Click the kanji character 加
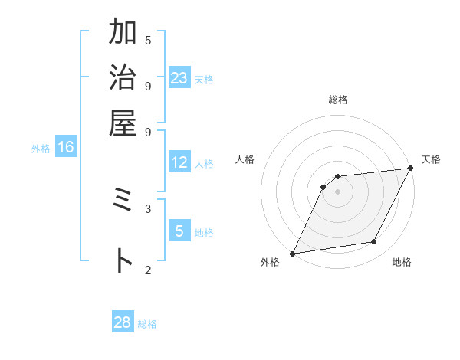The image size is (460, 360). click(x=123, y=33)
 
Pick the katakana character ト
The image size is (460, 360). click(x=123, y=260)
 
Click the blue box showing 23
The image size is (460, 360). click(x=179, y=78)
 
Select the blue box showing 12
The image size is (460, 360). click(x=179, y=163)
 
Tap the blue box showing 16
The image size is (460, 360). click(x=66, y=148)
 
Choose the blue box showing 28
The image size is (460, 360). click(x=123, y=323)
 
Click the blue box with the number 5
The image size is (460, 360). click(x=179, y=231)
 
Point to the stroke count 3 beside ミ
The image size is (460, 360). click(x=148, y=208)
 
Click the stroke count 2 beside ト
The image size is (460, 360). click(x=148, y=269)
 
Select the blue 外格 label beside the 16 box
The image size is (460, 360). click(x=41, y=149)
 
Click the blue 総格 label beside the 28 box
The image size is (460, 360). click(x=148, y=324)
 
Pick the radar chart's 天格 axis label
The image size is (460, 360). click(x=431, y=159)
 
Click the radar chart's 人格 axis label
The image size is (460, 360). click(x=245, y=159)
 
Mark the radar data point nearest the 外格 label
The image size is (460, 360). click(x=292, y=254)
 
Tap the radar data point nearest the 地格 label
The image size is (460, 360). click(x=374, y=242)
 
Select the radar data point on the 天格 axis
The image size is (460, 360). click(x=411, y=169)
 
